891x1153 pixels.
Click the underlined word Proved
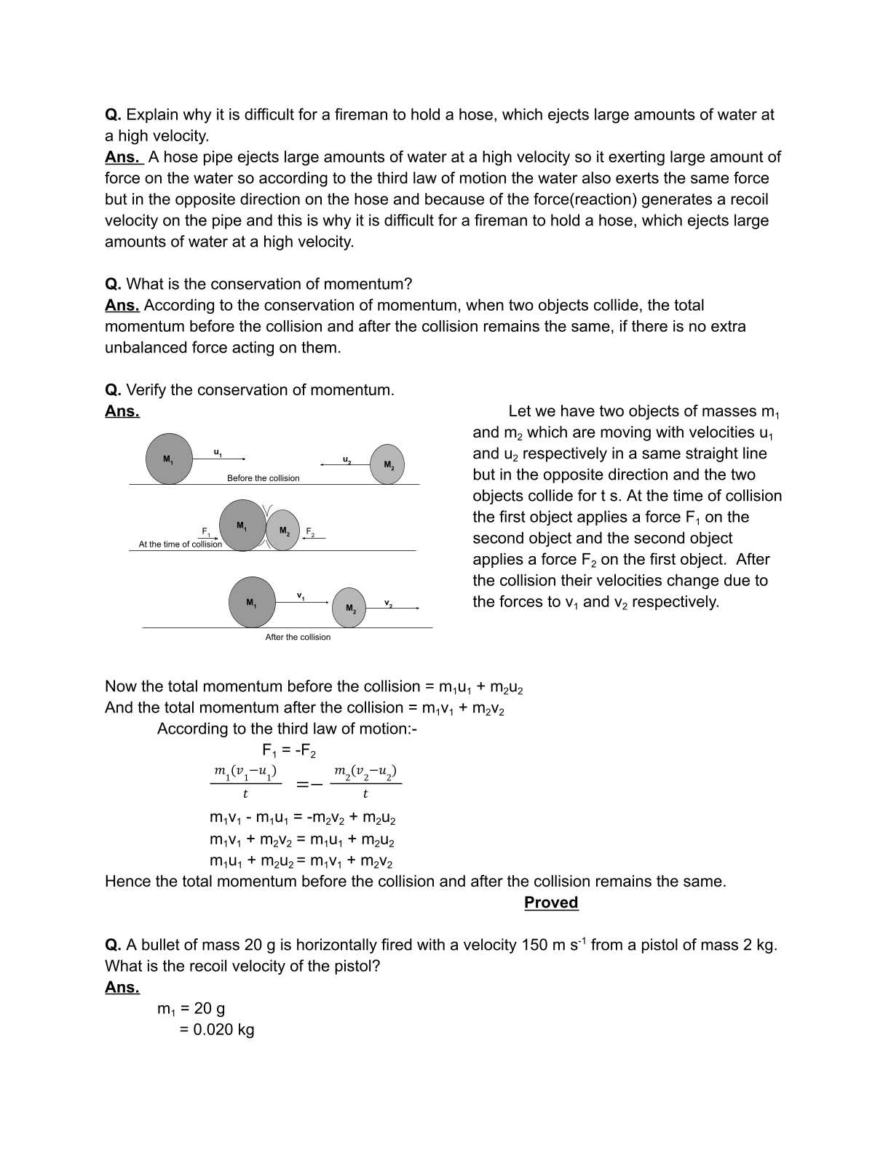click(x=551, y=903)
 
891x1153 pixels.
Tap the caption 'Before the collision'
click(x=263, y=478)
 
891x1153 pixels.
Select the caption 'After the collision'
click(x=298, y=637)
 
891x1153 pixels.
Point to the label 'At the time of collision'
click(x=180, y=544)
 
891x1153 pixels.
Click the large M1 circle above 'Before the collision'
click(x=169, y=459)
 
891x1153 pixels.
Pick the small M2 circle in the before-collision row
click(x=387, y=464)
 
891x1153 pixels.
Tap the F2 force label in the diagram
click(x=310, y=532)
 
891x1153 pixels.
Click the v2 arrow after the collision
click(x=401, y=607)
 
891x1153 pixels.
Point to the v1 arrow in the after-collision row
click(x=302, y=601)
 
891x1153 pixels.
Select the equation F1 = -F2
click(x=288, y=750)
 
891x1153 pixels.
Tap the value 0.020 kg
click(x=223, y=1029)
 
